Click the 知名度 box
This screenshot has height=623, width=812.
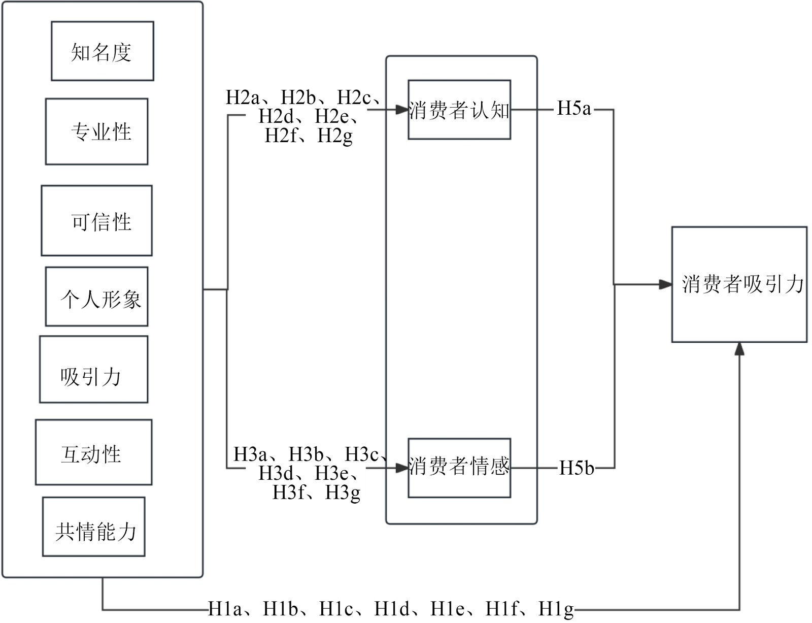(102, 51)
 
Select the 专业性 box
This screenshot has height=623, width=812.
(96, 132)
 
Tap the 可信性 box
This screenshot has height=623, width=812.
(96, 220)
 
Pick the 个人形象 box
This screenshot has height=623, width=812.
(96, 297)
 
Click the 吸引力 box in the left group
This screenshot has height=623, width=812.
(93, 369)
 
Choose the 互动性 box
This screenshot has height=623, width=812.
(93, 452)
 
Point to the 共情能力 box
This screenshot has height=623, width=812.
(93, 527)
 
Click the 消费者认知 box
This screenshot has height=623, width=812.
(459, 110)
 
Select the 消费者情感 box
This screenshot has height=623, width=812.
(459, 468)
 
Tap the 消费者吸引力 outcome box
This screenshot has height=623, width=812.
(739, 284)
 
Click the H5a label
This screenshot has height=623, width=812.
(574, 109)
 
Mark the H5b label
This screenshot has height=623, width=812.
(576, 468)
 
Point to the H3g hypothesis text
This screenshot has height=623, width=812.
(343, 493)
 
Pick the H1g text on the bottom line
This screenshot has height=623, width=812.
(556, 608)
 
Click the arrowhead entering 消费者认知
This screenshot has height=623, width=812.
(402, 109)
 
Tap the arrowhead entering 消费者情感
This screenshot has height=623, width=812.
(402, 467)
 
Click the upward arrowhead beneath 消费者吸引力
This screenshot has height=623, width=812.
(739, 349)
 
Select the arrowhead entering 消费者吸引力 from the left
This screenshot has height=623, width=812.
(665, 284)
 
